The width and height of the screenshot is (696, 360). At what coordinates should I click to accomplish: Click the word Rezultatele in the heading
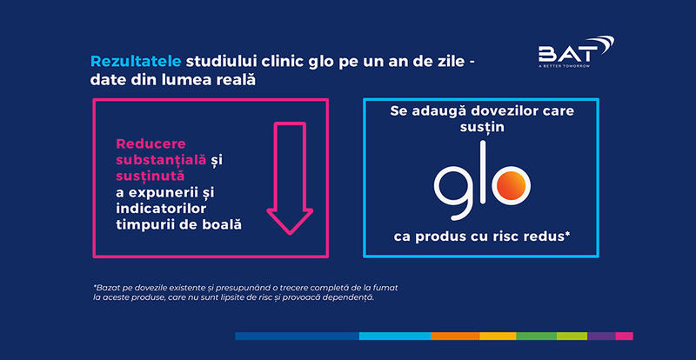point(135,62)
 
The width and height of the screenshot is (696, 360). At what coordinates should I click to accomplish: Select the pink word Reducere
point(144,143)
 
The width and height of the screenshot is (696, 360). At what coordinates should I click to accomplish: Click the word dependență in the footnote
point(344,298)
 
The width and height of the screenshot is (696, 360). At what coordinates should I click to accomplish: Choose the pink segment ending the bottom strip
point(624,336)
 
